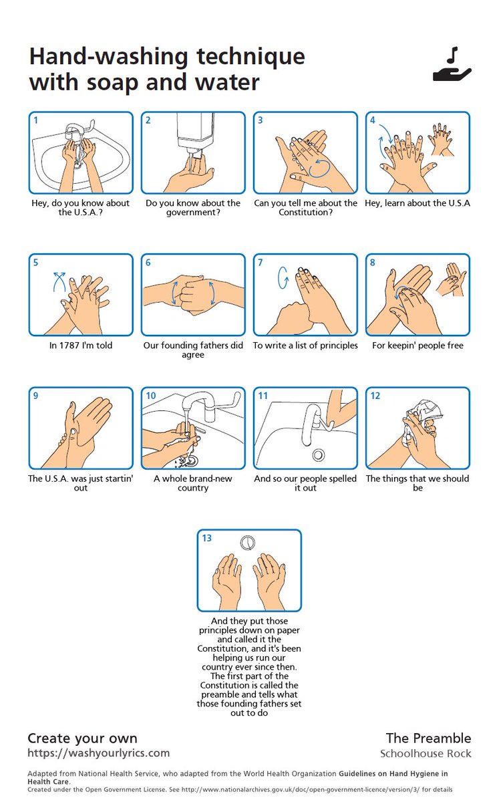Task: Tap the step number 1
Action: (x=36, y=120)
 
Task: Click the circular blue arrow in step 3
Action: (x=320, y=168)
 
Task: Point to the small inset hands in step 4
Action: (x=442, y=139)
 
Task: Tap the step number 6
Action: (x=148, y=263)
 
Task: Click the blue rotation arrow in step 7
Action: (x=283, y=277)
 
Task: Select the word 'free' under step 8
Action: (x=455, y=346)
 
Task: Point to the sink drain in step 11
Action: (x=318, y=455)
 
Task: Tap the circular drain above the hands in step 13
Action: (x=247, y=543)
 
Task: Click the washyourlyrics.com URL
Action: (x=98, y=753)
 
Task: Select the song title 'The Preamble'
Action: (x=428, y=739)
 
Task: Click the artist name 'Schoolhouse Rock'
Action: (x=426, y=754)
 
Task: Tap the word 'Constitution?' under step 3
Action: (x=306, y=213)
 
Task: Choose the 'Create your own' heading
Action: (x=82, y=739)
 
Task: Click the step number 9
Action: (x=36, y=396)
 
